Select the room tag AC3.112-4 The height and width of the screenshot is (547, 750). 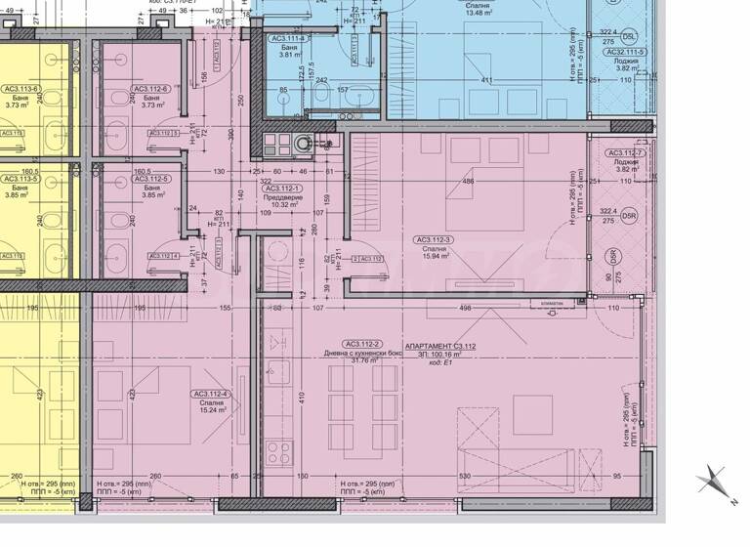[x=211, y=395]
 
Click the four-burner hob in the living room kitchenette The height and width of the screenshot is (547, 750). [x=278, y=453]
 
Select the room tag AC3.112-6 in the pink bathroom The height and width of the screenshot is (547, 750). [x=151, y=89]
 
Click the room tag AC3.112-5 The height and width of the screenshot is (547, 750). [x=151, y=179]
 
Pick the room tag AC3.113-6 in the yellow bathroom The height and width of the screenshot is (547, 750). [x=21, y=89]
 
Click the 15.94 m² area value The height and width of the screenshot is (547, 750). [x=436, y=257]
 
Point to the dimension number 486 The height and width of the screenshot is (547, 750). [x=468, y=182]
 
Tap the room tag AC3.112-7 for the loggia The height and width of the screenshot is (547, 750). [x=624, y=153]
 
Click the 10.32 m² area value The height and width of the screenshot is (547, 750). [x=284, y=205]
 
